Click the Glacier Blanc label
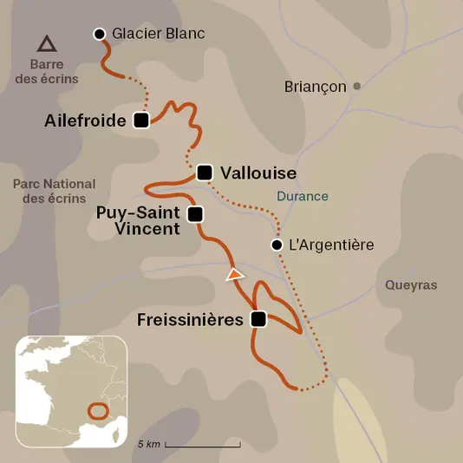[x=159, y=34]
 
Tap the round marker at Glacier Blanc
[x=100, y=34]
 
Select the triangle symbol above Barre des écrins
[x=46, y=42]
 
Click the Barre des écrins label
[x=53, y=71]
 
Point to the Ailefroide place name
[x=85, y=121]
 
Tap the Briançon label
[x=316, y=87]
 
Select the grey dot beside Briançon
[x=356, y=86]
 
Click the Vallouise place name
[x=246, y=173]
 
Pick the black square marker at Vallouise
[x=205, y=173]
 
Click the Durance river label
[x=303, y=196]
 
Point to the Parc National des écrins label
[x=55, y=191]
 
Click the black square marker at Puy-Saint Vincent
[x=195, y=213]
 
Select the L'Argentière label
[x=331, y=245]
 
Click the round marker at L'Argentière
[x=277, y=245]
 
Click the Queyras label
[x=411, y=284]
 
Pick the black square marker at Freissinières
[x=258, y=319]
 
